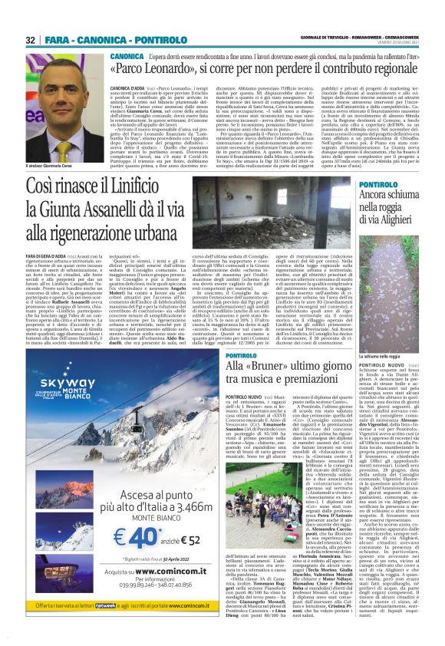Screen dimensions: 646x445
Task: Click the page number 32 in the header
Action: (x=31, y=40)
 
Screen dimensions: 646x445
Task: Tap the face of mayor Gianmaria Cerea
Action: (x=54, y=90)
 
